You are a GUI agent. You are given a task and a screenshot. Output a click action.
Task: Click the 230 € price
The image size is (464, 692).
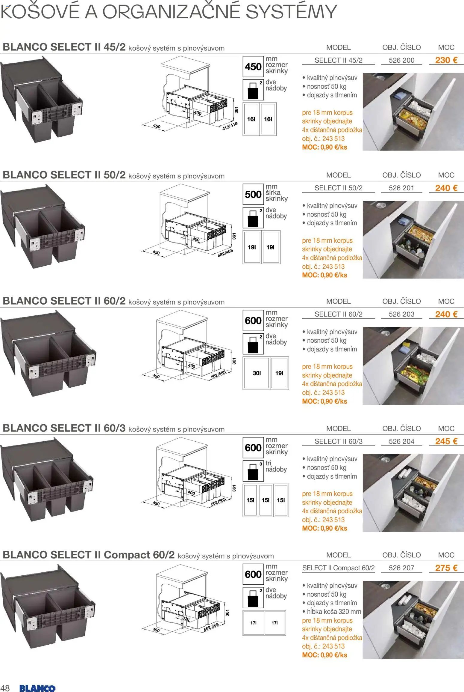point(446,60)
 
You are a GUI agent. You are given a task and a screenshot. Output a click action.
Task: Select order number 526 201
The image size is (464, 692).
point(401,188)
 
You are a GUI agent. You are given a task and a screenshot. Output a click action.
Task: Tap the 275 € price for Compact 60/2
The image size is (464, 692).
point(446,568)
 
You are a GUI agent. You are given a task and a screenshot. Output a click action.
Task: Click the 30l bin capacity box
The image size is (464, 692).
point(257,373)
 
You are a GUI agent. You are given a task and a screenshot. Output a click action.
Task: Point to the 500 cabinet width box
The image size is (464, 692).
point(253,194)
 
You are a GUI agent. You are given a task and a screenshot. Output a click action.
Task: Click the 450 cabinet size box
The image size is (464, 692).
point(253,67)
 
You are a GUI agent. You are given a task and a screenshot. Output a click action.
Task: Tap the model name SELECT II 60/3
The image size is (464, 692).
point(338,441)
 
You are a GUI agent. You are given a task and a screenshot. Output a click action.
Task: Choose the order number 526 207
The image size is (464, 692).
point(401,568)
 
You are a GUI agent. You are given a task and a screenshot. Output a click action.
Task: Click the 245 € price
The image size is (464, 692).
point(446,441)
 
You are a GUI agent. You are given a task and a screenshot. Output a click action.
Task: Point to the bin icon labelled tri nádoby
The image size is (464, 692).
point(253,470)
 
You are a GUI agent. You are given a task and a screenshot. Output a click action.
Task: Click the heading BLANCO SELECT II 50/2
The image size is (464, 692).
point(64,175)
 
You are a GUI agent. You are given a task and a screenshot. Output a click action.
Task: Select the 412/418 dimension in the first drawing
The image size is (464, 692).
point(230,126)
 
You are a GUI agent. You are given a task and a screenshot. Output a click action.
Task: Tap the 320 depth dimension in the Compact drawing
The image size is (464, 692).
point(186,619)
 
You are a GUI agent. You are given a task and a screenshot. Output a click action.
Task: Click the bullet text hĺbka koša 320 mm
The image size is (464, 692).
point(334,612)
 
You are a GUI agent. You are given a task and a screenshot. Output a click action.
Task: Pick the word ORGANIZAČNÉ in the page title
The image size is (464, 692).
point(172,12)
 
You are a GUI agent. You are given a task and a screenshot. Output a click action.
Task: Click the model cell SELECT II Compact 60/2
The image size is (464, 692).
point(338,568)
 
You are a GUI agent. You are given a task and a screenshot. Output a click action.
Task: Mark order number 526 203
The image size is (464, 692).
point(401,314)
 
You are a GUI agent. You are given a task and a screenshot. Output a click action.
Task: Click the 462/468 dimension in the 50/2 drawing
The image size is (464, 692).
point(225,253)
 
